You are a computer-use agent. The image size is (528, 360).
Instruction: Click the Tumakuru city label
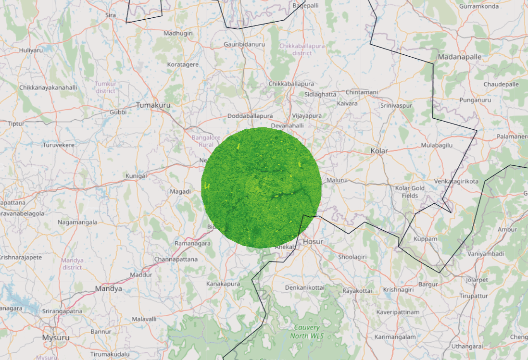153,105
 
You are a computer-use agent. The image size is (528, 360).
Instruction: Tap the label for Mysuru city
55,337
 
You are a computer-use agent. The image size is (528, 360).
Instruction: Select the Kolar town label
379,151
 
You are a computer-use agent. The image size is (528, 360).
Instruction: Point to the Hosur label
313,241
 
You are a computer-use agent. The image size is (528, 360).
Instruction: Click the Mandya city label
108,289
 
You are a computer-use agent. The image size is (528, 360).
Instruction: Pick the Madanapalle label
459,57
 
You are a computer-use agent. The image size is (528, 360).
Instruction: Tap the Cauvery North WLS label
307,331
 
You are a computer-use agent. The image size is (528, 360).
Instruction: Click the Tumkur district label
106,87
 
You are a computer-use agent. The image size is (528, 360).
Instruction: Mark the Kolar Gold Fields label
410,192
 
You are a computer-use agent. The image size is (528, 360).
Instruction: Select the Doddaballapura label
250,116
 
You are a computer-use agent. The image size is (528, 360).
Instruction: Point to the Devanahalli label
288,125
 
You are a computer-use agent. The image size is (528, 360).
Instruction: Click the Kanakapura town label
223,284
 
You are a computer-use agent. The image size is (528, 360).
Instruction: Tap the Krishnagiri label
399,290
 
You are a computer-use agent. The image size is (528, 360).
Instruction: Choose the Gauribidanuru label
244,44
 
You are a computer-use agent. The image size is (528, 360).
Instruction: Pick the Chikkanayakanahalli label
48,87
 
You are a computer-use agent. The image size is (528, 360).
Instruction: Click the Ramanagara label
193,243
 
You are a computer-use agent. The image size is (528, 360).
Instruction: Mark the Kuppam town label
425,239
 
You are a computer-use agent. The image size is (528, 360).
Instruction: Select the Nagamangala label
77,222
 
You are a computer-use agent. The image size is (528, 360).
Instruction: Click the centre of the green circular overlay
261,188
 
